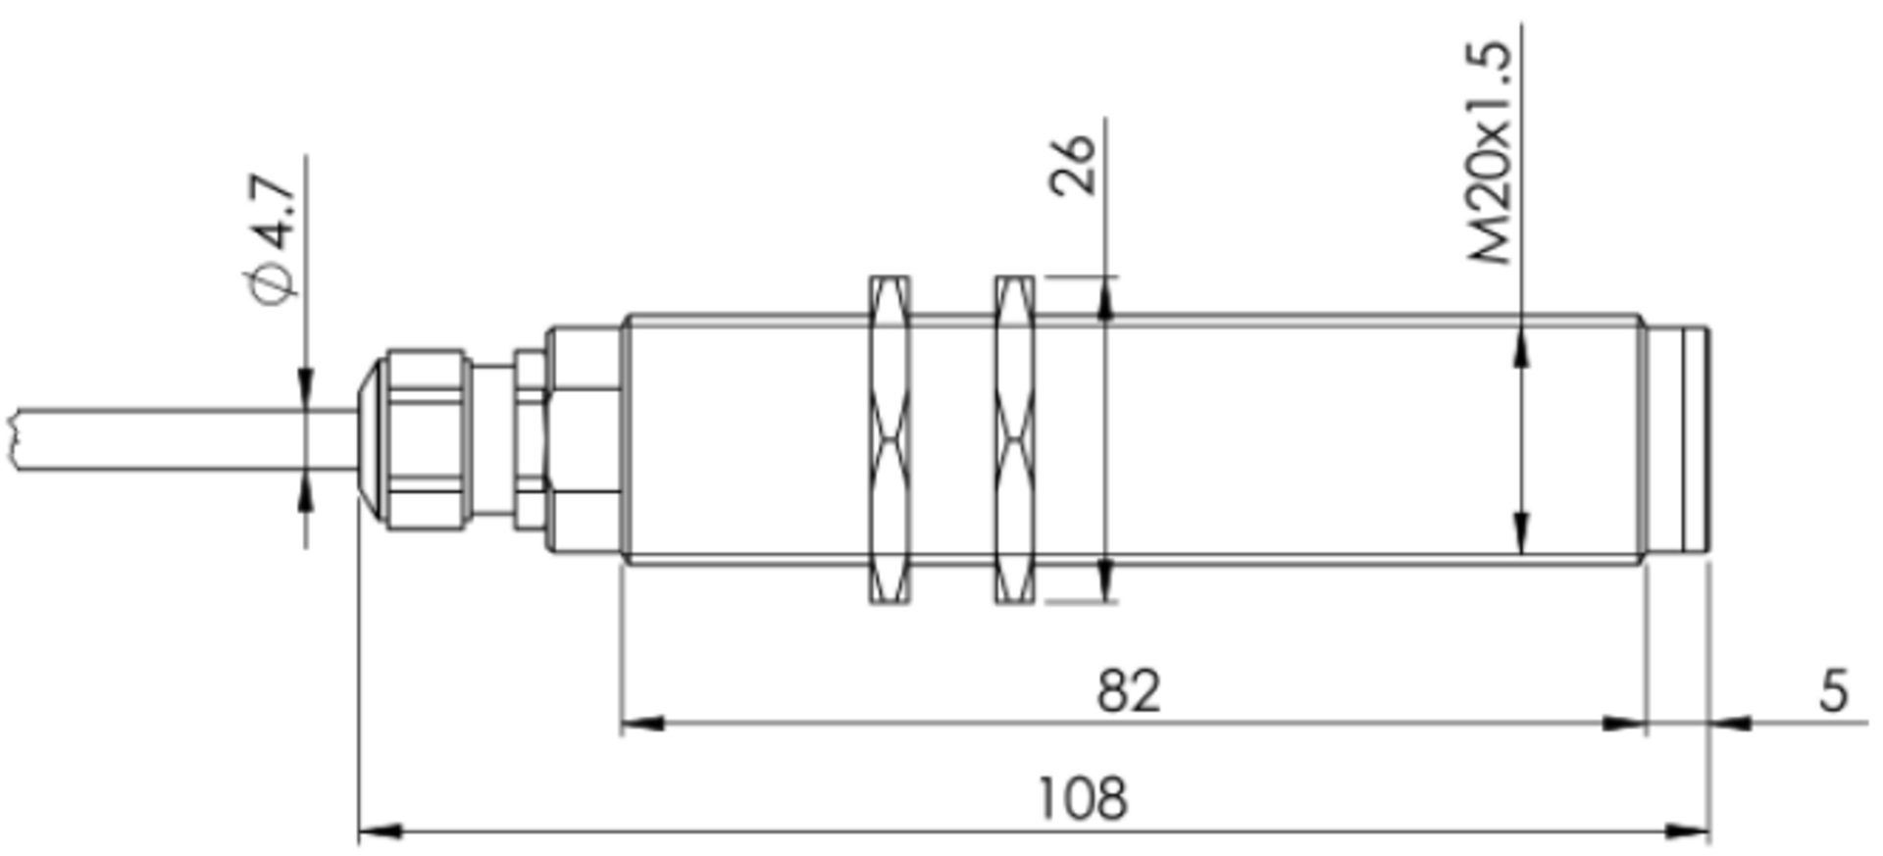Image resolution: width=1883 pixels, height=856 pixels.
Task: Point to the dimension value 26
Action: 1073,165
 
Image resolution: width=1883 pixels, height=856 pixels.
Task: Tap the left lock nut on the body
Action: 890,439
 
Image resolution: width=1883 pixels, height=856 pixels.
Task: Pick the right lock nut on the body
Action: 1014,439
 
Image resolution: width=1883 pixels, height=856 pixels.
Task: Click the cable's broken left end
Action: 14,439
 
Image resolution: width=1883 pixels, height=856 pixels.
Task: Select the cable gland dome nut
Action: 422,439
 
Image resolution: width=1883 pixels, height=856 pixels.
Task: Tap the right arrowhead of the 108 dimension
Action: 1689,831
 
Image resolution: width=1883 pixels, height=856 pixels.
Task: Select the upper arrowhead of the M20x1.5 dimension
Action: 1521,349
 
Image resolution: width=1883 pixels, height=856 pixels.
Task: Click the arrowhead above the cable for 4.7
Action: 305,386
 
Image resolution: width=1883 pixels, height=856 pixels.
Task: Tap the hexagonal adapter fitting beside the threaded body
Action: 584,439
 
